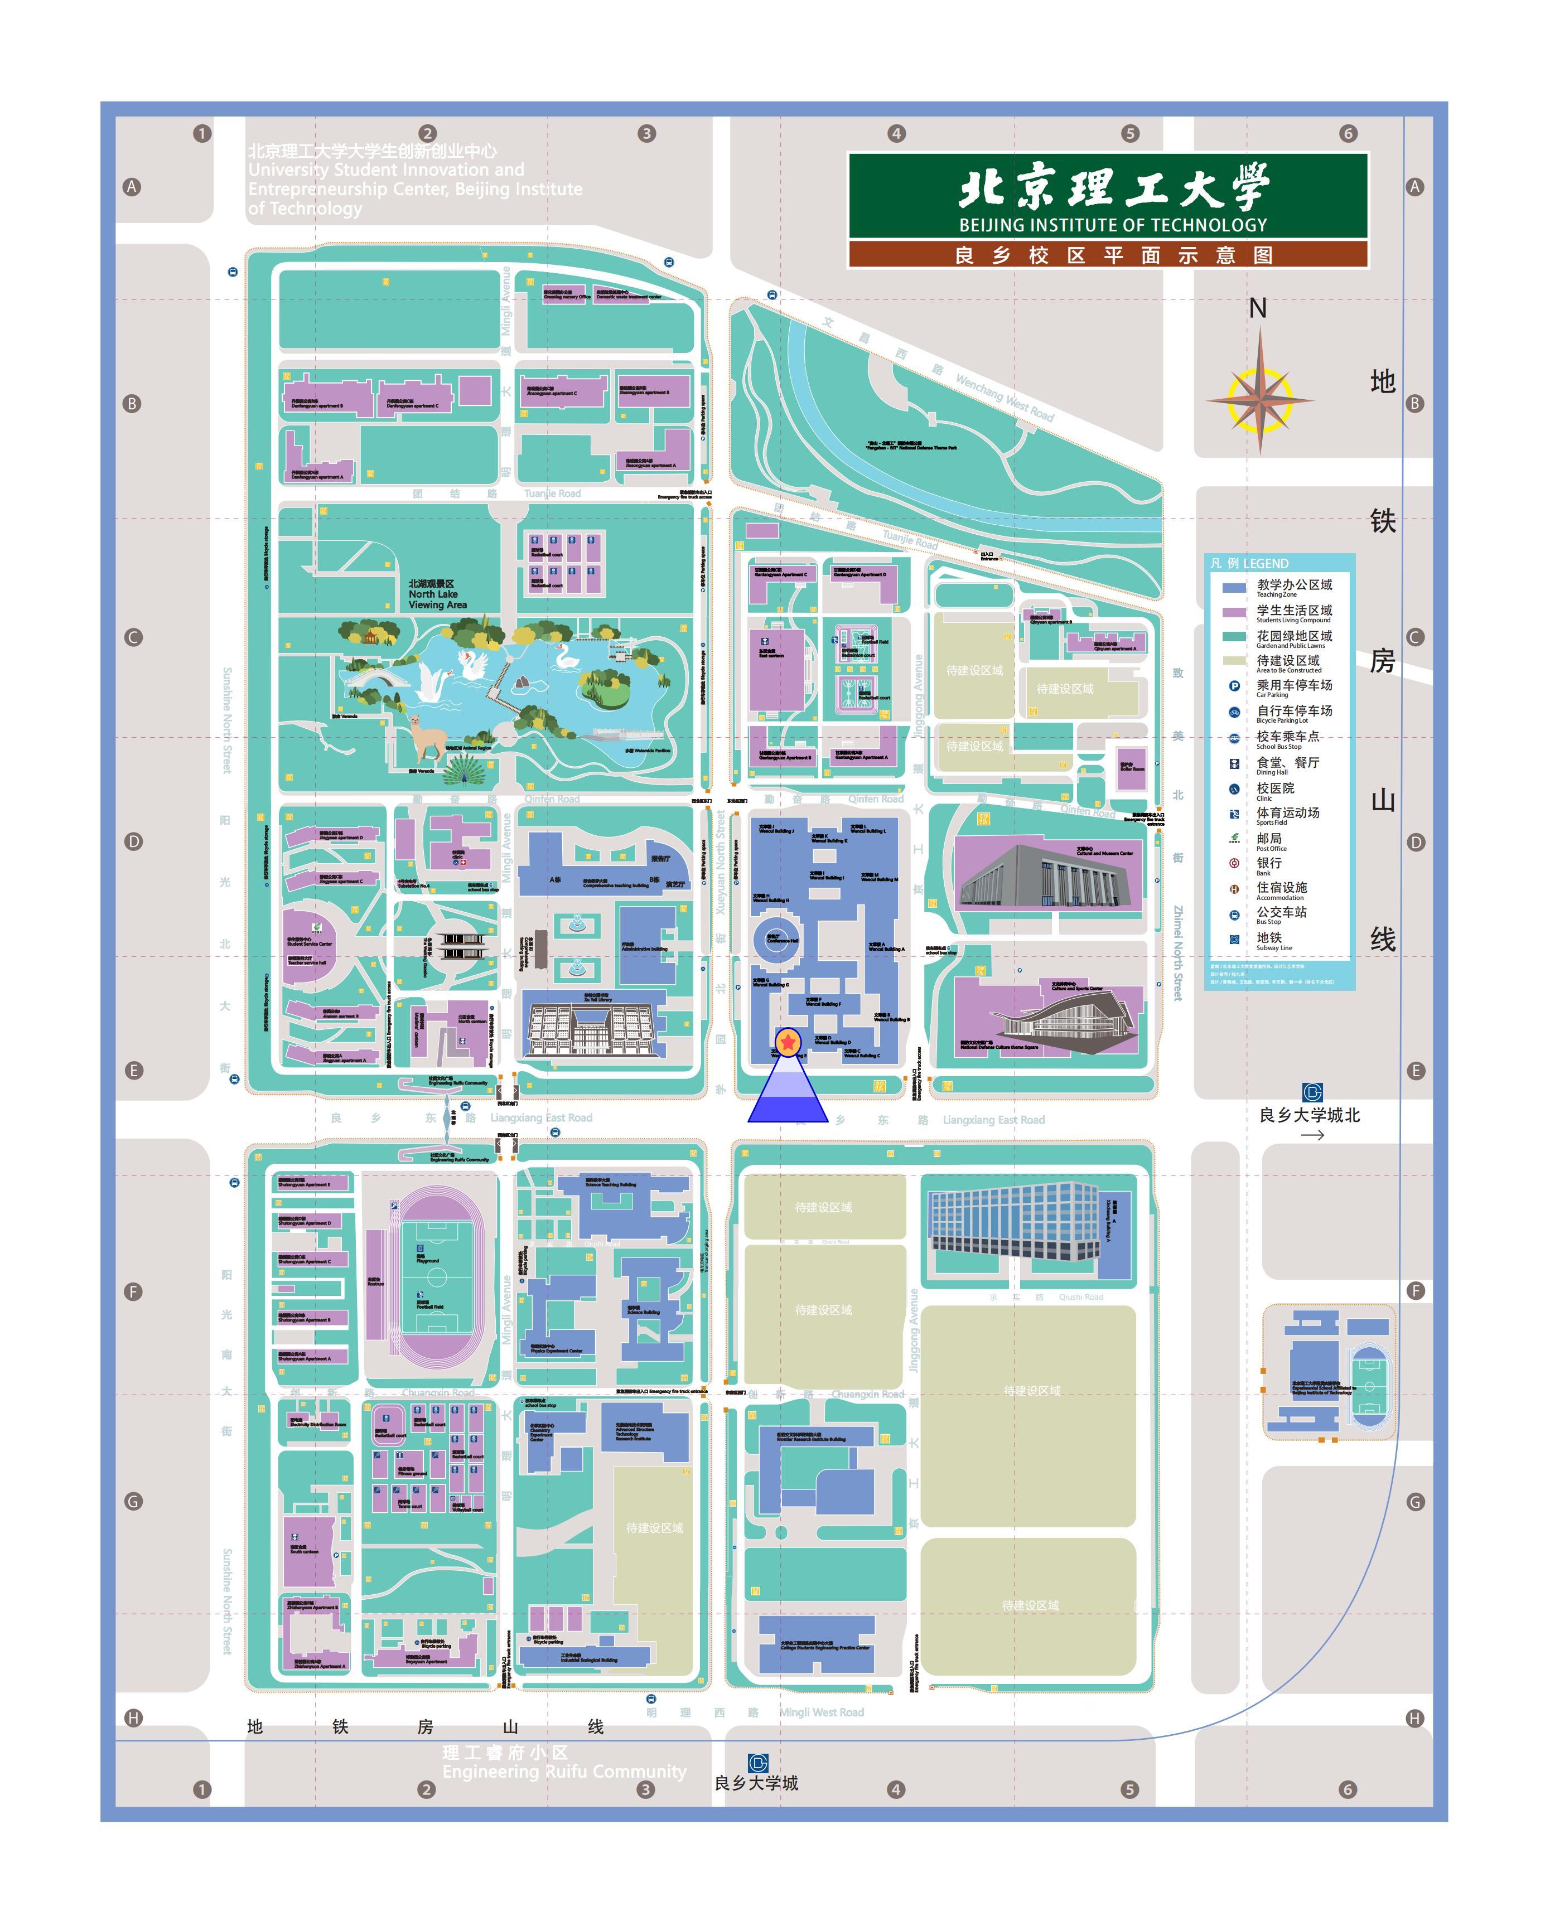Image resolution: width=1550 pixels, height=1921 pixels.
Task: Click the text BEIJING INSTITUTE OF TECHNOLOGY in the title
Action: click(x=1113, y=225)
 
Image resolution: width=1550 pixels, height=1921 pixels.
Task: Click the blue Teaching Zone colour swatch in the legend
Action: click(x=1234, y=587)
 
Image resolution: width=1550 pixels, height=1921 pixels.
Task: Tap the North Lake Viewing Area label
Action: click(x=437, y=594)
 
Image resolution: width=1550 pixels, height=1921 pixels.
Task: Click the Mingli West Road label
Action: click(x=822, y=1712)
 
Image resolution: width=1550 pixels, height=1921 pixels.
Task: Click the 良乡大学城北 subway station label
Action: click(x=1309, y=1115)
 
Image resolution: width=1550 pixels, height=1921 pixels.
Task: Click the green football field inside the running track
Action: click(x=437, y=1278)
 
